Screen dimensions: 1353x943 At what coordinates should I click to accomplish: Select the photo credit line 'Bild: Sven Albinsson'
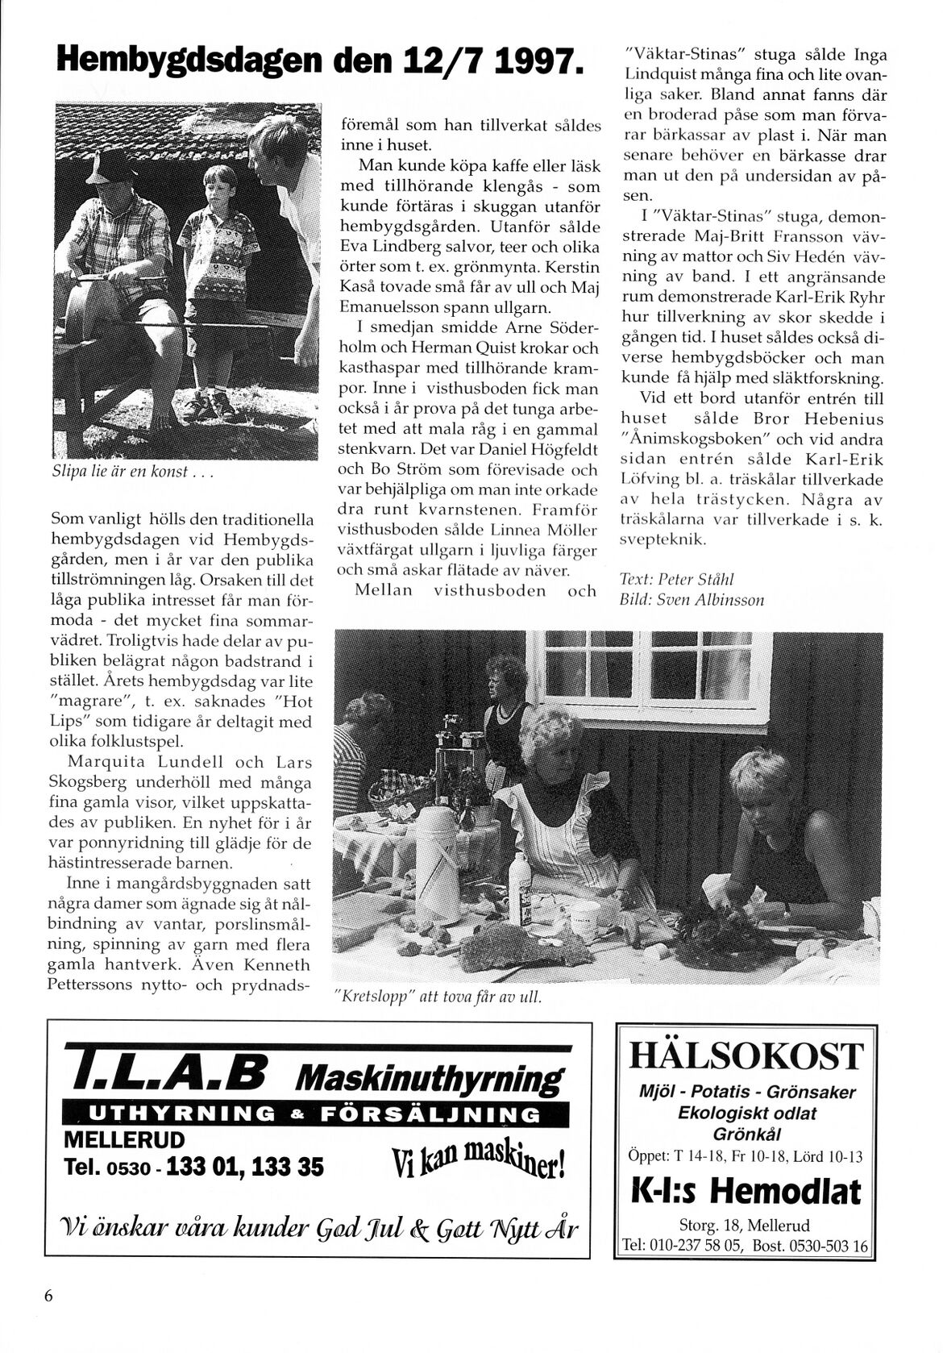(692, 599)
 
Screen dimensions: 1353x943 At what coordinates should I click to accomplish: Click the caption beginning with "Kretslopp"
(436, 997)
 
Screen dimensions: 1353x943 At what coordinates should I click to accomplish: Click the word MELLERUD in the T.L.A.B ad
(124, 1140)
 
